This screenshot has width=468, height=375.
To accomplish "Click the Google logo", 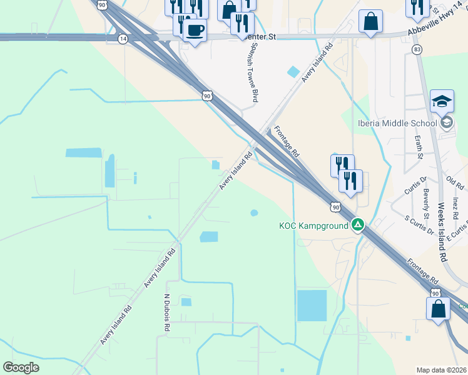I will click(21, 367).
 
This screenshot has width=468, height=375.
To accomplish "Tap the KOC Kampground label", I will click(313, 225).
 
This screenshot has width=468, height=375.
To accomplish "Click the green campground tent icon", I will click(357, 224).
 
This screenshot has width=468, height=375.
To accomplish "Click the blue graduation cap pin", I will click(442, 101).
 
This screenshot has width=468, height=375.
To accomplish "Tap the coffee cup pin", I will click(195, 30).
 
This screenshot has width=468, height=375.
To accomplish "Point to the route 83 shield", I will click(417, 49).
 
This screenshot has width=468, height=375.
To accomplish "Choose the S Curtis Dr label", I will click(419, 226).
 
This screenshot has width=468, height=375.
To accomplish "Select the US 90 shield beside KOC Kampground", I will click(335, 206).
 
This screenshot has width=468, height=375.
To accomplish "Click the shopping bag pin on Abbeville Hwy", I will click(370, 22).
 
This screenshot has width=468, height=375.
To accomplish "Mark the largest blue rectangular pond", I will click(312, 306).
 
